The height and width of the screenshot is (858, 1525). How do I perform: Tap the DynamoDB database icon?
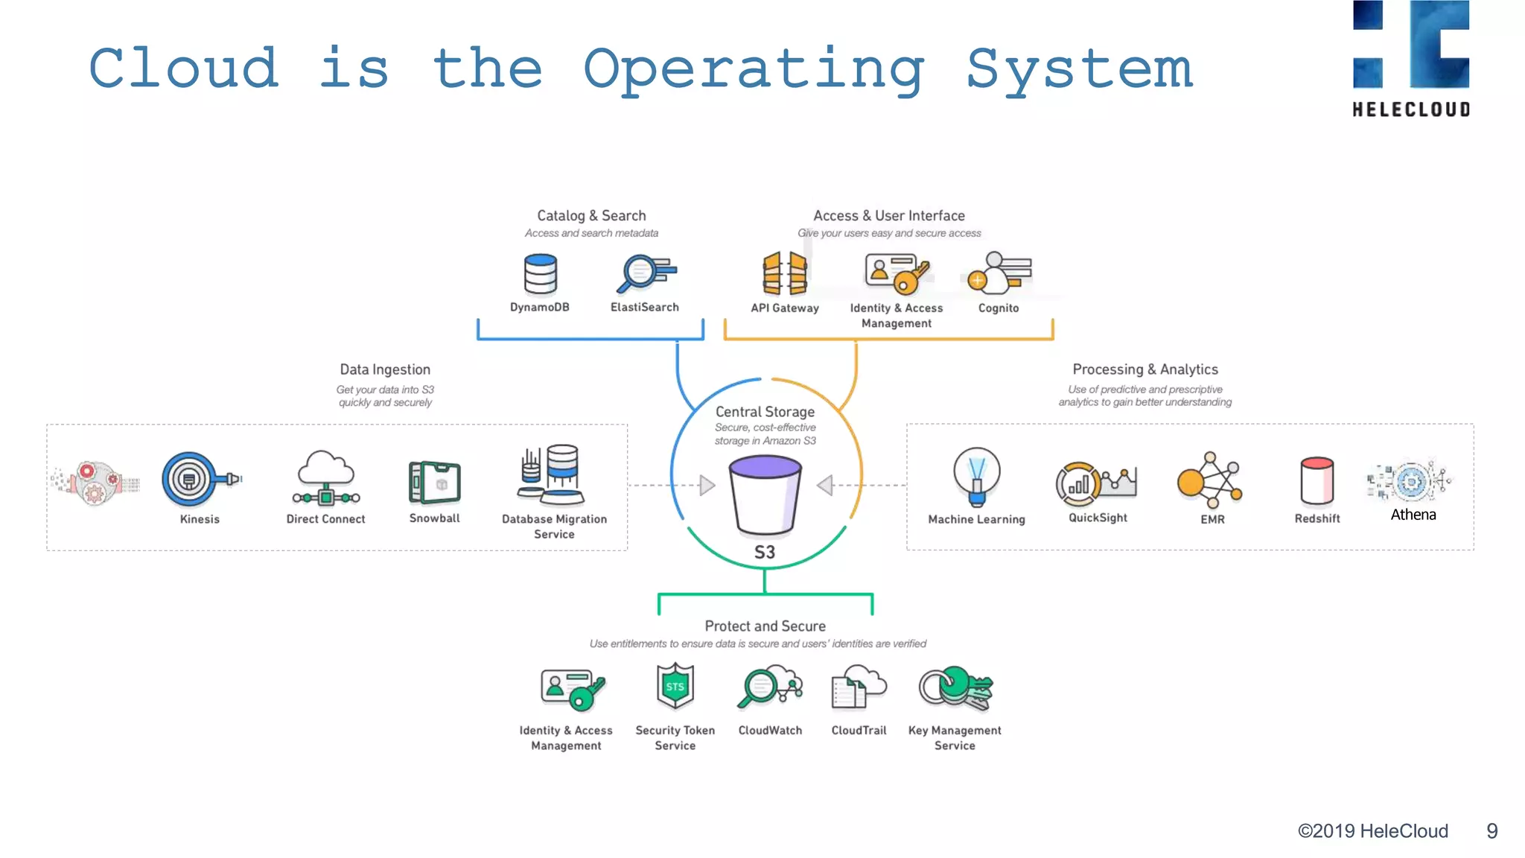coord(540,274)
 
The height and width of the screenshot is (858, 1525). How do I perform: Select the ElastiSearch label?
coord(644,307)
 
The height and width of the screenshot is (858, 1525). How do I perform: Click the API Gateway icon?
coord(784,273)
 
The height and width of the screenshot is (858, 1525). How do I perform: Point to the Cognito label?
coord(998,308)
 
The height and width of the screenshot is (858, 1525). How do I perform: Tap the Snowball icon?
coord(435,482)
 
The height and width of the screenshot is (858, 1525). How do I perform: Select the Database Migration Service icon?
coord(553,475)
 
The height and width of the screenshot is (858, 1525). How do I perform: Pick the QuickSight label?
coord(1098,518)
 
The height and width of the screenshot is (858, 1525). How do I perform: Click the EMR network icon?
coord(1209,480)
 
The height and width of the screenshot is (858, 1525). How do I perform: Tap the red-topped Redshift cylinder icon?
coord(1317,480)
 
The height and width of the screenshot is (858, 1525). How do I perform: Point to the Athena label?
coord(1413,515)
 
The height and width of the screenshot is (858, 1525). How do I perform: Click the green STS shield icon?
coord(675,686)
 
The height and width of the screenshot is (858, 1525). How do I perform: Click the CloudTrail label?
coord(859,731)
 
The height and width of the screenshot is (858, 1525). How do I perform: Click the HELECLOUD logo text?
coord(1411,109)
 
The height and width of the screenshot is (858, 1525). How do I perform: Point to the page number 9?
coord(1491,831)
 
